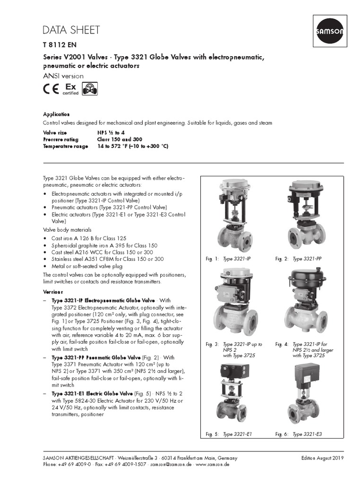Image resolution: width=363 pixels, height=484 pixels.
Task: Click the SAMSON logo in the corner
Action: (x=329, y=29)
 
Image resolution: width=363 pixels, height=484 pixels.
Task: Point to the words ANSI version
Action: (x=63, y=76)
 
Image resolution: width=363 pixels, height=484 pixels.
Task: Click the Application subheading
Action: (x=56, y=114)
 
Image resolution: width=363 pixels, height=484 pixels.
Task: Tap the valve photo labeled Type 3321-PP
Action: (x=305, y=215)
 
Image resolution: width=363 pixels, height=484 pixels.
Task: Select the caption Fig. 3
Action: (x=212, y=345)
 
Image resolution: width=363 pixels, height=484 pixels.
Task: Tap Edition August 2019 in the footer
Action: (x=322, y=458)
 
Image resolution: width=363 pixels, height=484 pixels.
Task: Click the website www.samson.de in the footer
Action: (x=213, y=465)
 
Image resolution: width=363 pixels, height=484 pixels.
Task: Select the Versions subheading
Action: (x=53, y=292)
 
